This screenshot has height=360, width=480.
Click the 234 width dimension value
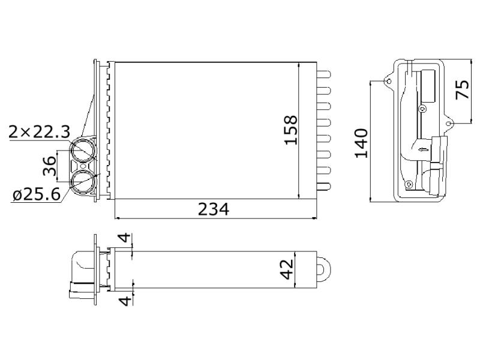214,209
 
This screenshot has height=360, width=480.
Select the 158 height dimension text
290,130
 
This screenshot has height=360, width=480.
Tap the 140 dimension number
361,143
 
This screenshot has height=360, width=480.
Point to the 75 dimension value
462,89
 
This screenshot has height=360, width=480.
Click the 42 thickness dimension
287,269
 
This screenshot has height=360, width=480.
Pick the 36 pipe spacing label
50,166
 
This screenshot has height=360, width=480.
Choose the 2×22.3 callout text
40,131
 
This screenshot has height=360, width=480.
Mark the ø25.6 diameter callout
37,194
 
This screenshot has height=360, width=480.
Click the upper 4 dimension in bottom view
125,238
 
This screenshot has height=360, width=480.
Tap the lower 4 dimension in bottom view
125,301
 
